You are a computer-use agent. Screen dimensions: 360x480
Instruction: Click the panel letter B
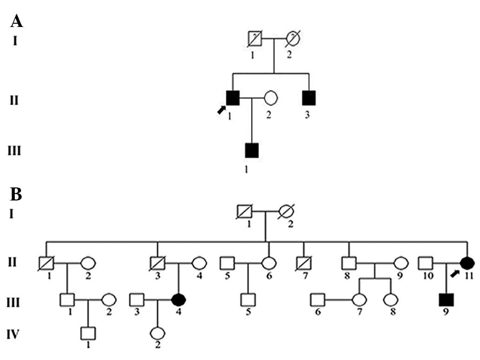(x=16, y=194)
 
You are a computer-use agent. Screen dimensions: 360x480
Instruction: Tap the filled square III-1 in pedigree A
(x=251, y=150)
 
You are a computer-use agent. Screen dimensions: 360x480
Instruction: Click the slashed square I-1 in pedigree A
(x=255, y=39)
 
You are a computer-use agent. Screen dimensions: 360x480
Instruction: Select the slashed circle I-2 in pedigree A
(x=293, y=39)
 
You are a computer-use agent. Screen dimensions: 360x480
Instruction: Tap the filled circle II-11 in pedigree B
(x=467, y=263)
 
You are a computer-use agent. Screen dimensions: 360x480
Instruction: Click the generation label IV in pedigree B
(x=15, y=334)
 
